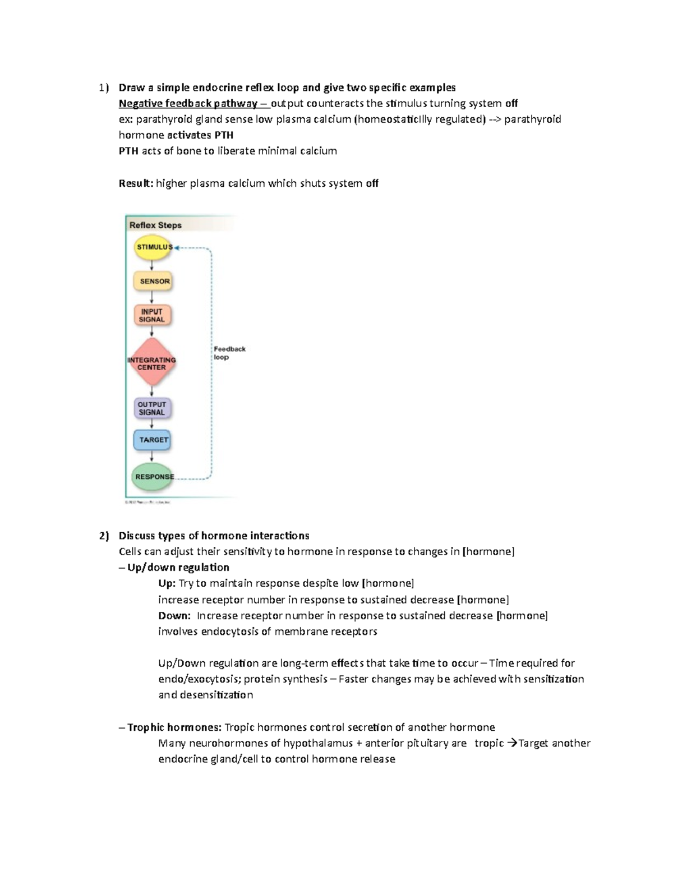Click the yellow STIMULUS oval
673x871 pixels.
153,247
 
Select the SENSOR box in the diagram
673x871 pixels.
153,281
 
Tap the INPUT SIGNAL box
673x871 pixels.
152,315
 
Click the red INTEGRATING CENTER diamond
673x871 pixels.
151,363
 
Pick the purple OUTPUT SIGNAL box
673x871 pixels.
152,408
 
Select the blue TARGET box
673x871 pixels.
152,440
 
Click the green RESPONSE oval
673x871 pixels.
152,477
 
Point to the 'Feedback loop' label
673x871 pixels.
229,353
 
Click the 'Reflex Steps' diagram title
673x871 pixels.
155,225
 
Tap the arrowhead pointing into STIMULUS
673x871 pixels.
177,247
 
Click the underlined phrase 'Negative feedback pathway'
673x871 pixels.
188,103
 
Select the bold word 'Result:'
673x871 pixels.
136,183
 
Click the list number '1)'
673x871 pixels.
104,87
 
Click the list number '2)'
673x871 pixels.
104,536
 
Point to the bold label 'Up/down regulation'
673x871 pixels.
178,567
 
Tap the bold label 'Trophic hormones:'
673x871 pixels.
174,727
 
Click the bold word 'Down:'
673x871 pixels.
174,616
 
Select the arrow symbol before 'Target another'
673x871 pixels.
511,743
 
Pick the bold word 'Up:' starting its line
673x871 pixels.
167,583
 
